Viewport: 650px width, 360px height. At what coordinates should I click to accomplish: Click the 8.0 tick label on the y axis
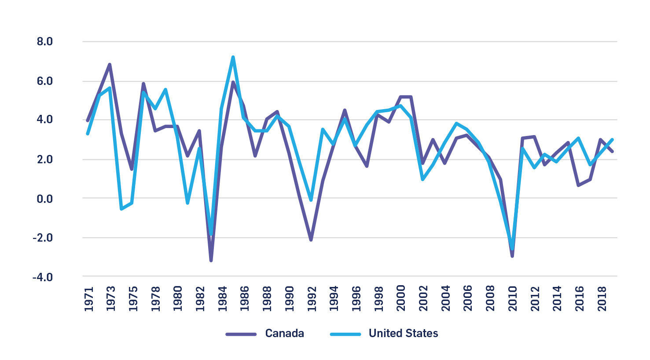(x=44, y=42)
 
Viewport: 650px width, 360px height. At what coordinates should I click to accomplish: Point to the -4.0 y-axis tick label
(x=43, y=277)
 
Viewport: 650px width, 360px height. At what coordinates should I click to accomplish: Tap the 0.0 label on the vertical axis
(x=44, y=199)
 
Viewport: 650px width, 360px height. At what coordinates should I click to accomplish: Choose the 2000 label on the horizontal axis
(x=401, y=299)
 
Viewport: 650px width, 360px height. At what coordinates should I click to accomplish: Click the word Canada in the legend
(x=284, y=334)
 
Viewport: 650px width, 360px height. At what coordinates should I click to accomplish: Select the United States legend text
(x=403, y=334)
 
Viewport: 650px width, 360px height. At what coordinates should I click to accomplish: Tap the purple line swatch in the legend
(x=241, y=334)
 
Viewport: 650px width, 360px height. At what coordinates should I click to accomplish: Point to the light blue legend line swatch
(x=345, y=334)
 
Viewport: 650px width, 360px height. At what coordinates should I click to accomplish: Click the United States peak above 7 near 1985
(x=233, y=57)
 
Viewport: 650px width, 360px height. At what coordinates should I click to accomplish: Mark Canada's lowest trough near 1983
(x=211, y=261)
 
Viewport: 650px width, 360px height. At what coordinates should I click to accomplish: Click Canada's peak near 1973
(x=110, y=65)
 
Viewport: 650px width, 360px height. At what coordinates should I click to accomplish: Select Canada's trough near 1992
(x=311, y=240)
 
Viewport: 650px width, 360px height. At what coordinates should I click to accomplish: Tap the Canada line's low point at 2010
(x=512, y=256)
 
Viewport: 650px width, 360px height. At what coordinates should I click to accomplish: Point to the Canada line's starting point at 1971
(x=88, y=120)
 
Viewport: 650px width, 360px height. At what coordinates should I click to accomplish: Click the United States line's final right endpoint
(x=612, y=140)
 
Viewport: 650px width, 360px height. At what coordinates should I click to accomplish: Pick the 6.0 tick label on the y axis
(x=44, y=81)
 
